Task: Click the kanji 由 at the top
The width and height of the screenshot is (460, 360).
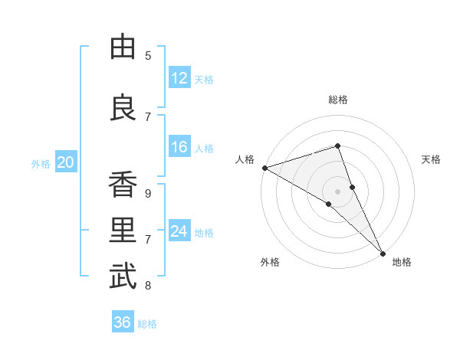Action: pyautogui.click(x=123, y=47)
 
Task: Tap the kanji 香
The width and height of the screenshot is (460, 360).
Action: pyautogui.click(x=123, y=185)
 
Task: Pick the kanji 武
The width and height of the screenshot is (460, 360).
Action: pyautogui.click(x=123, y=277)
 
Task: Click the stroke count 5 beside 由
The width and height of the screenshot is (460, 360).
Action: pyautogui.click(x=148, y=55)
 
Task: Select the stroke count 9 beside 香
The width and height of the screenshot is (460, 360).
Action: pyautogui.click(x=148, y=193)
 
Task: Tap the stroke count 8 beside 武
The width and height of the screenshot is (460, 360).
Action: pyautogui.click(x=148, y=286)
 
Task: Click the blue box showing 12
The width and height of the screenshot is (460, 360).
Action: pyautogui.click(x=179, y=78)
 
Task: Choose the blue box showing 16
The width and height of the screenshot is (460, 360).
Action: pyautogui.click(x=179, y=147)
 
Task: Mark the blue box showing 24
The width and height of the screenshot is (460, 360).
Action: pyautogui.click(x=179, y=231)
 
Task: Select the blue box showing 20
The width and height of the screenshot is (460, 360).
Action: pyautogui.click(x=66, y=162)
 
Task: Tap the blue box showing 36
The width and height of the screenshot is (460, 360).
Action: pyautogui.click(x=122, y=322)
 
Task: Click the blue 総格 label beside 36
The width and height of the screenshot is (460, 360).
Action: pyautogui.click(x=147, y=324)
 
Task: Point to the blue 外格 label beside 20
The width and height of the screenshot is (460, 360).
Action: pyautogui.click(x=41, y=163)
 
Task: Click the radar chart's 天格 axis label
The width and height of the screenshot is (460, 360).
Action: pyautogui.click(x=432, y=159)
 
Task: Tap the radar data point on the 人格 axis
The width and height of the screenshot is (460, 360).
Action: pyautogui.click(x=264, y=168)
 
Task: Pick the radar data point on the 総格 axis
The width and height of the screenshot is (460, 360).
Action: pyautogui.click(x=337, y=146)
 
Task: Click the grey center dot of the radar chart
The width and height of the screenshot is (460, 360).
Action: pyautogui.click(x=337, y=191)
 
